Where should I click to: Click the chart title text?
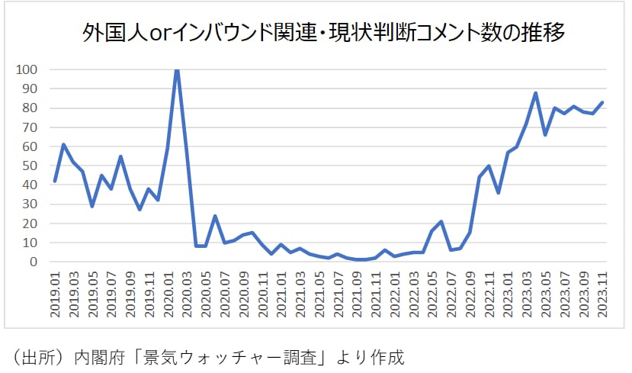click(316, 35)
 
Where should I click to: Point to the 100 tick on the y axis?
click(26, 69)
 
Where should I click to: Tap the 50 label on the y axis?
click(28, 166)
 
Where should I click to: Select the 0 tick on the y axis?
click(32, 262)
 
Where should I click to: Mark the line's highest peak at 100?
click(177, 69)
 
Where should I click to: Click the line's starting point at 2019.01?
click(54, 181)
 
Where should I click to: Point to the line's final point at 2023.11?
click(602, 102)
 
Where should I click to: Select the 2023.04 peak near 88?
click(536, 92)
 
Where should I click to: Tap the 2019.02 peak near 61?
click(64, 144)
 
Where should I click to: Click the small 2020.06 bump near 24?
click(215, 216)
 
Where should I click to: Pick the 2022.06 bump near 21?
click(441, 221)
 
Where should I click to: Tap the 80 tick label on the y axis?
click(28, 108)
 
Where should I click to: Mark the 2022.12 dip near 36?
click(498, 192)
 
